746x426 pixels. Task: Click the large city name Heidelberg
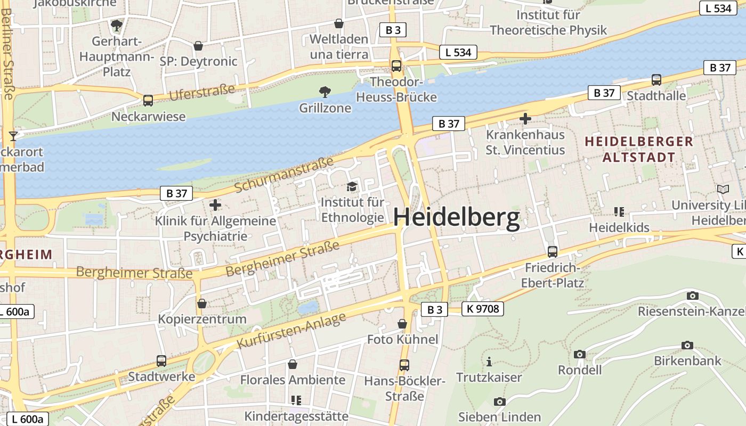pos(456,218)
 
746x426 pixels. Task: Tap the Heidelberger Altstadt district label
pos(639,150)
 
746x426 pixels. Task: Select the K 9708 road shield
pos(482,308)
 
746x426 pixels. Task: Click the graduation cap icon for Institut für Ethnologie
pos(352,186)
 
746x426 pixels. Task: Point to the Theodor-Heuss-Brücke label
pos(396,89)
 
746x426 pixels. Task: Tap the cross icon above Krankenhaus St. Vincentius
pos(525,119)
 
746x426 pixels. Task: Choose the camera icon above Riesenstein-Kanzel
pos(692,296)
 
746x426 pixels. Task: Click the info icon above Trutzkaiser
pos(489,362)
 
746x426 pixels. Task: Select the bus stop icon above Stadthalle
pos(656,80)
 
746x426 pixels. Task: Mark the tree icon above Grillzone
pos(325,92)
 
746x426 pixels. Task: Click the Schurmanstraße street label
pos(283,175)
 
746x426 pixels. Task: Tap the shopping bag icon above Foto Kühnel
pos(402,324)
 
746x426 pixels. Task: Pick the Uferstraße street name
pos(202,92)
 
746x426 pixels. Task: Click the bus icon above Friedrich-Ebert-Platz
pos(553,251)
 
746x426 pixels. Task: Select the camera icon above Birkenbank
pos(687,345)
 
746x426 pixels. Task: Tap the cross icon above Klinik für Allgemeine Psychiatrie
pos(215,204)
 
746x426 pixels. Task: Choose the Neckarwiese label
pos(148,116)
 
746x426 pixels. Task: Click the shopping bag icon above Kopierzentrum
pos(202,304)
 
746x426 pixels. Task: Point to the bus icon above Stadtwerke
pos(161,361)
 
